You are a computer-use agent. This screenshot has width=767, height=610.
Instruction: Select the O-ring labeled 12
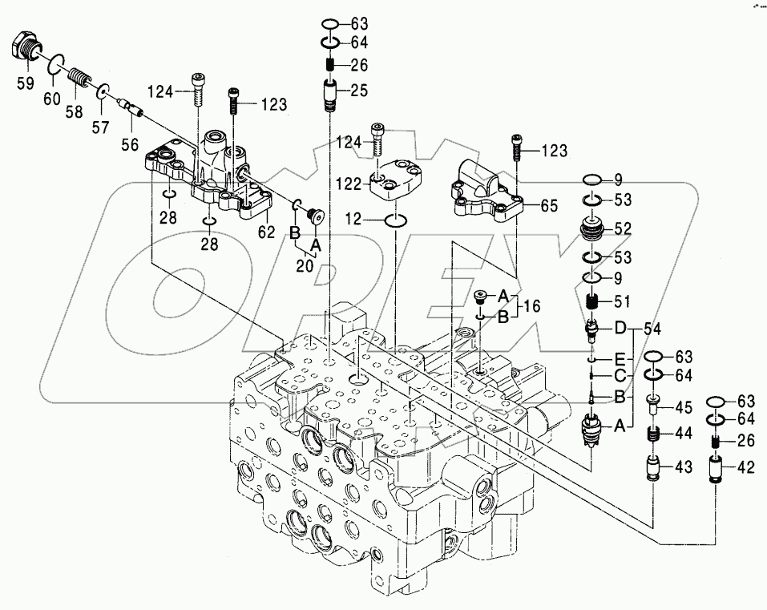tap(396, 219)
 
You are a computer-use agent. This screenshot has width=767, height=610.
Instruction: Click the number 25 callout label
tap(358, 90)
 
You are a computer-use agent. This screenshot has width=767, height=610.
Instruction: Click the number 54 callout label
tap(652, 329)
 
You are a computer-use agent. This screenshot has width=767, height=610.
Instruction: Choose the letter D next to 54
tap(619, 329)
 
